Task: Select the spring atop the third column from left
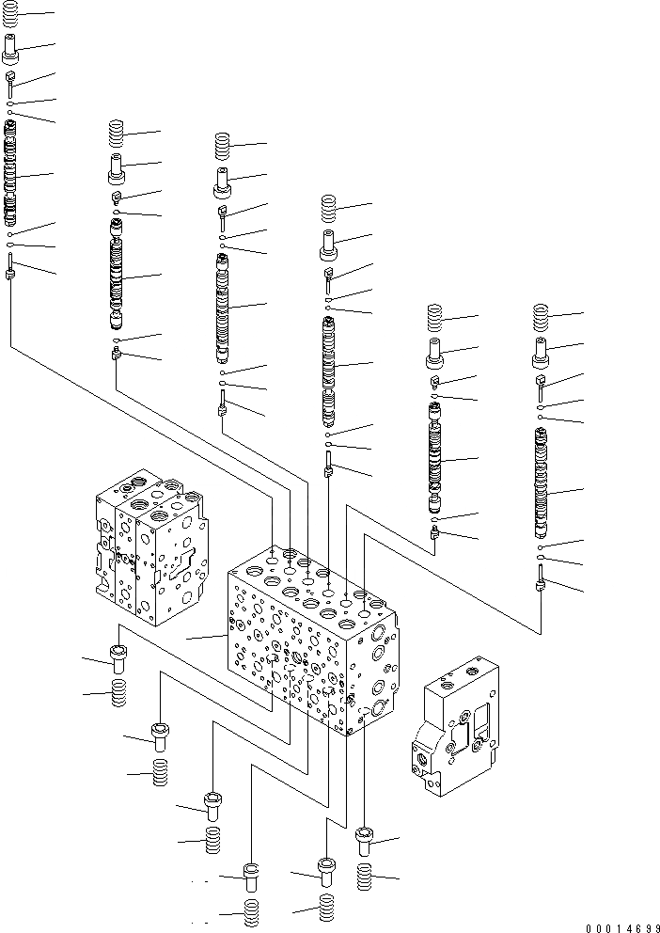click(x=222, y=146)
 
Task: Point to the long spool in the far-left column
click(x=10, y=174)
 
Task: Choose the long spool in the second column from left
click(x=116, y=277)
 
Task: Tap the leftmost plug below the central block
click(x=118, y=658)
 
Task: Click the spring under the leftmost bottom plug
click(x=119, y=695)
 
